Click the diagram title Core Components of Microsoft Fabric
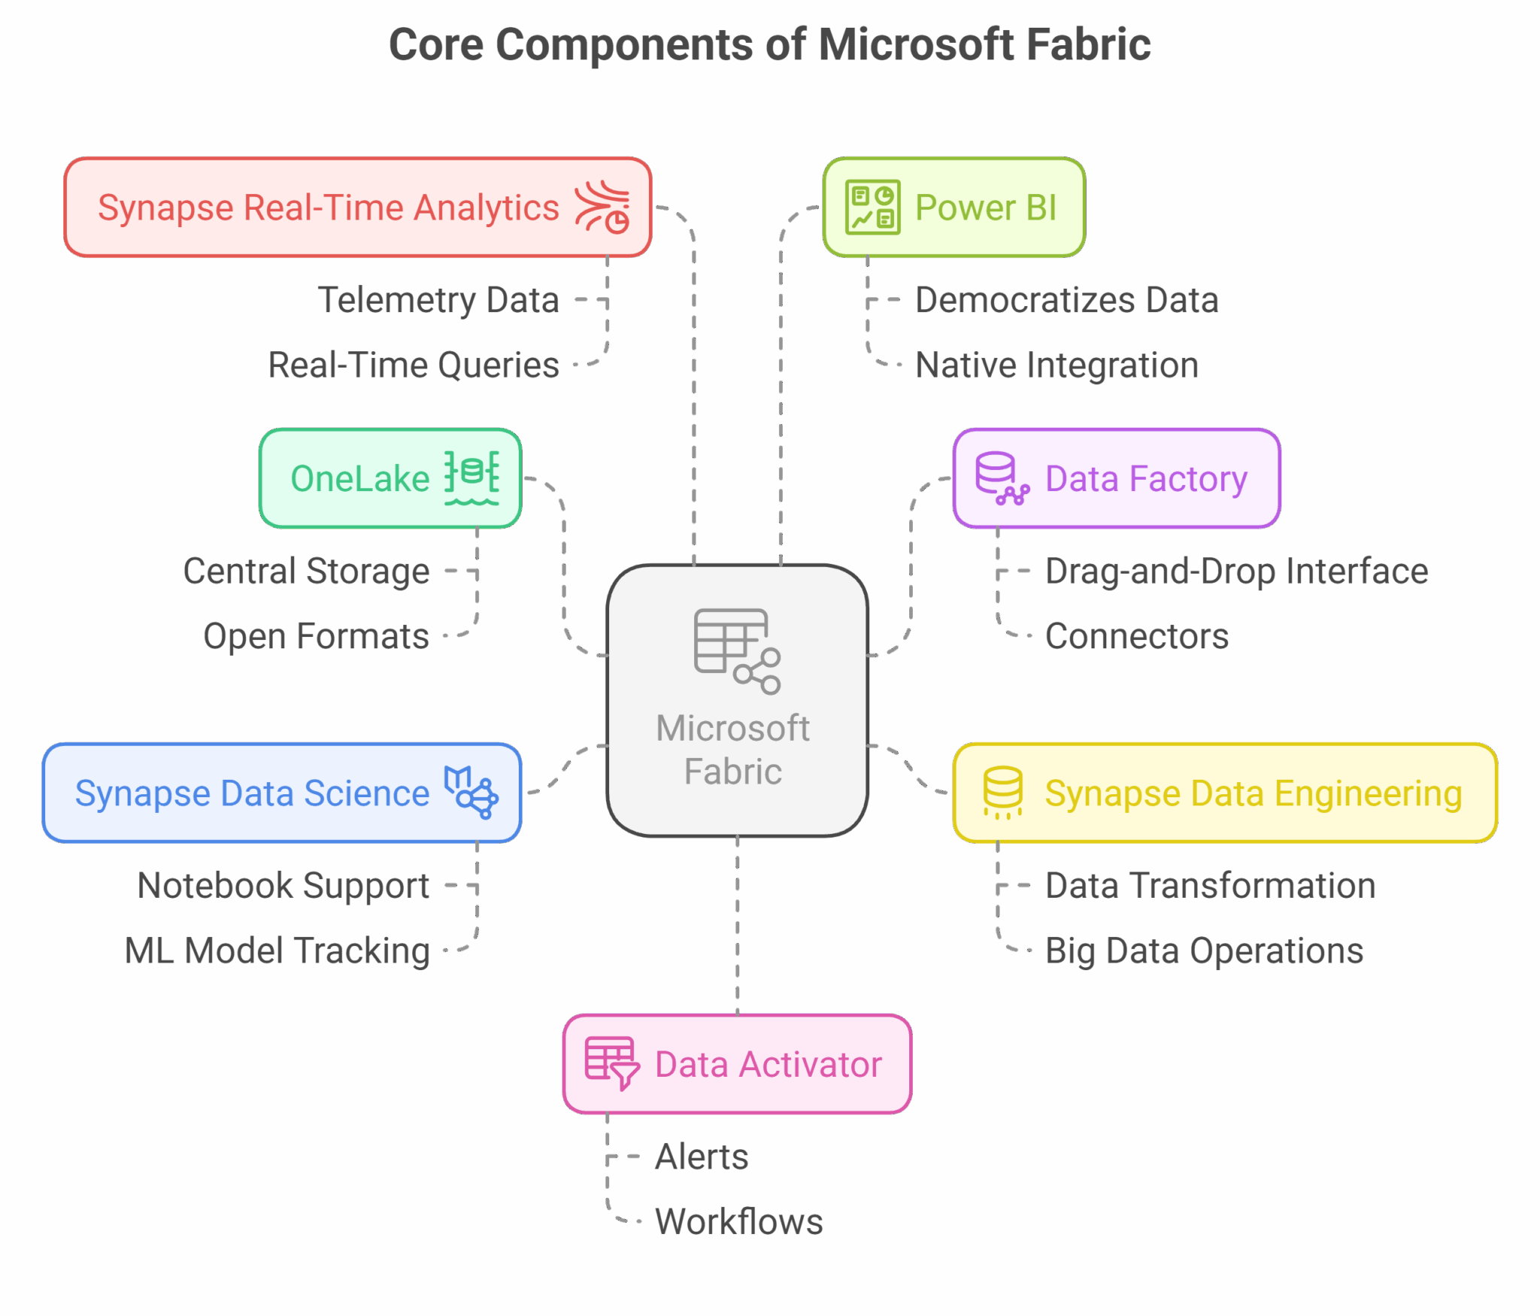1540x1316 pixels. [x=769, y=45]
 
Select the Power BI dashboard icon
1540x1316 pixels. [x=872, y=208]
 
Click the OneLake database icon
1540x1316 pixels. [x=471, y=478]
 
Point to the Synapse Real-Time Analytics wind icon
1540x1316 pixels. [x=602, y=208]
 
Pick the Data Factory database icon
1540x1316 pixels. [x=1001, y=478]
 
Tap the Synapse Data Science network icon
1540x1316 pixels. [x=471, y=793]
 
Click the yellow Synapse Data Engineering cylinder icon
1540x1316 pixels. [x=1002, y=793]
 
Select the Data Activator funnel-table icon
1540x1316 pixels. [x=611, y=1063]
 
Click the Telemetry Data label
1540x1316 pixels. [x=438, y=300]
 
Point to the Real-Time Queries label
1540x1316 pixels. [x=414, y=365]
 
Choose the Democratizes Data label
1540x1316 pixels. [x=1066, y=300]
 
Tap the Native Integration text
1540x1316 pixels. [x=1056, y=365]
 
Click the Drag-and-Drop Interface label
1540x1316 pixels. [x=1236, y=571]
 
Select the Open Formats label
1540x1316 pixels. [x=316, y=636]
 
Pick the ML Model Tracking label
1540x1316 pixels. [x=277, y=951]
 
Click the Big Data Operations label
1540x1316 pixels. [x=1204, y=951]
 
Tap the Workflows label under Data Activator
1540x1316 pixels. [x=739, y=1221]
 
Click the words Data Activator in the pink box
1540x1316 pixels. [x=768, y=1064]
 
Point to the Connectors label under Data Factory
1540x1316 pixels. [x=1136, y=636]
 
